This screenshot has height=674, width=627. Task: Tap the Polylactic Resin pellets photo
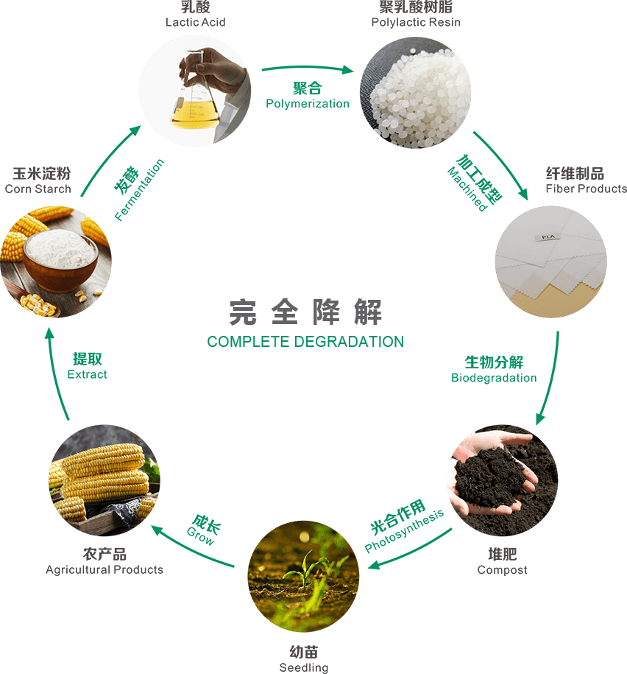click(x=415, y=92)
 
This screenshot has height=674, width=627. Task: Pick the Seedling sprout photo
click(x=304, y=575)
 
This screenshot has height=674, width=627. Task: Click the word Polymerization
click(x=308, y=104)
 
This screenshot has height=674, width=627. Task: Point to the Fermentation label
click(x=140, y=191)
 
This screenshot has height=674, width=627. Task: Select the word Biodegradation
click(x=494, y=378)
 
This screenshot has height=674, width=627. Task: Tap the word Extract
click(x=87, y=374)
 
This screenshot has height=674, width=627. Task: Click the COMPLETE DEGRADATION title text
click(x=305, y=342)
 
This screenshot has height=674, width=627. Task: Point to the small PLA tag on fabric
click(x=548, y=236)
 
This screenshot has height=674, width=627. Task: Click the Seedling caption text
click(x=304, y=667)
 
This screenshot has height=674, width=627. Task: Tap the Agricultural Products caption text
click(x=104, y=569)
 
